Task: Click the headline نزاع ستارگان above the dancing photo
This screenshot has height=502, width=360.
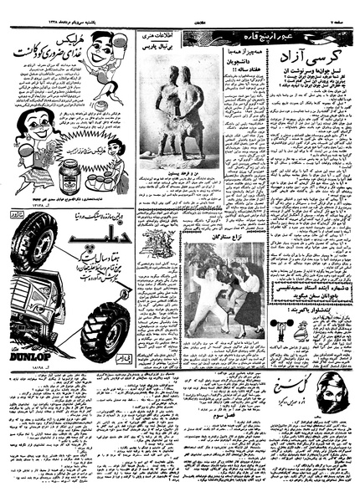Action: [227, 235]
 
